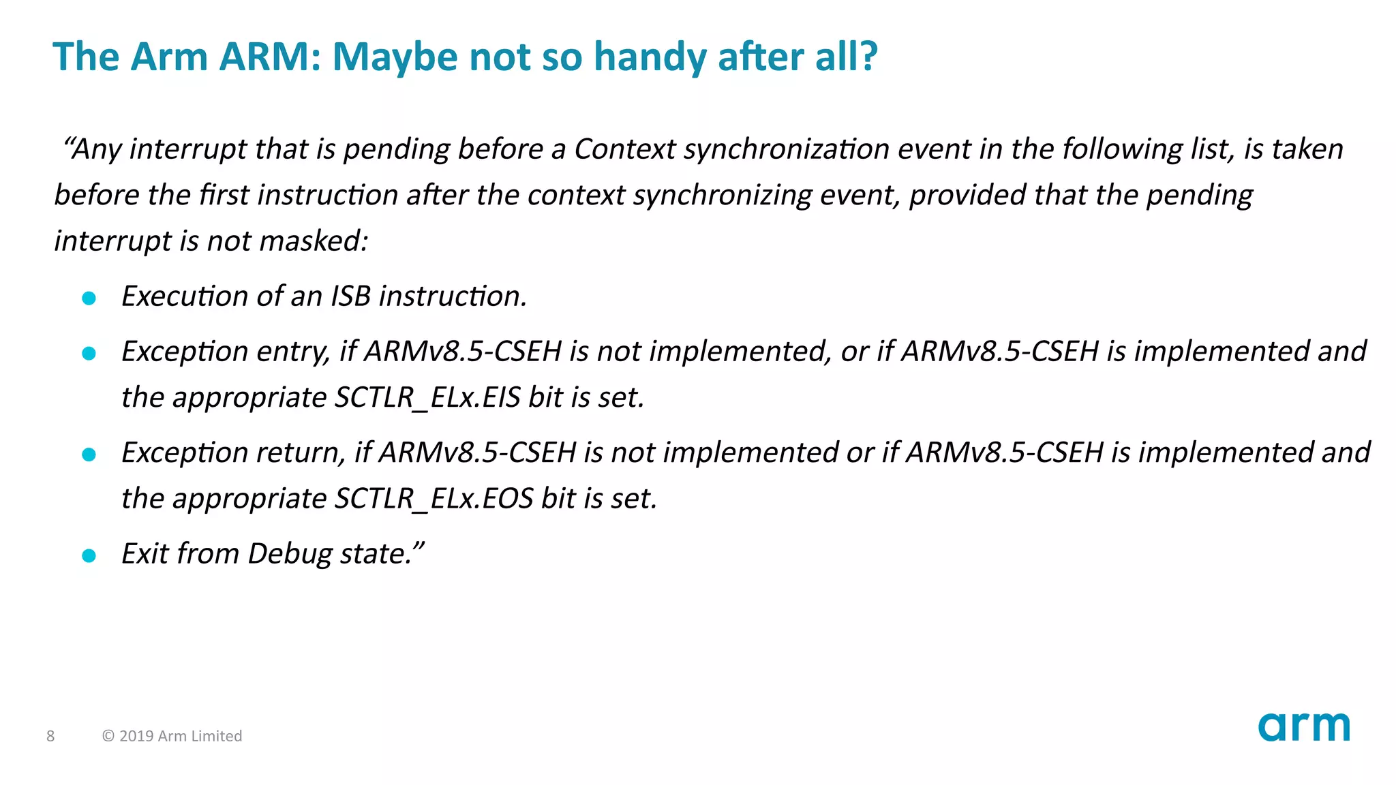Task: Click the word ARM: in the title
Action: click(270, 57)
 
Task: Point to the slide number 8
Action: click(50, 736)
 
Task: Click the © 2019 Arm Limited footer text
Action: click(172, 736)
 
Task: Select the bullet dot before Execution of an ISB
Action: click(89, 298)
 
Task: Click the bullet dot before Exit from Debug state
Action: click(89, 555)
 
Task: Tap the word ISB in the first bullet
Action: click(351, 296)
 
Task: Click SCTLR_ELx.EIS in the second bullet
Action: click(427, 397)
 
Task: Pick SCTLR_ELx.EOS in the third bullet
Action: click(434, 499)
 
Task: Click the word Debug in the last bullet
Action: click(290, 554)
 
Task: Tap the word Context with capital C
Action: click(624, 149)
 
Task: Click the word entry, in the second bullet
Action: click(293, 352)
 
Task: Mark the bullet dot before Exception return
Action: click(89, 455)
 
